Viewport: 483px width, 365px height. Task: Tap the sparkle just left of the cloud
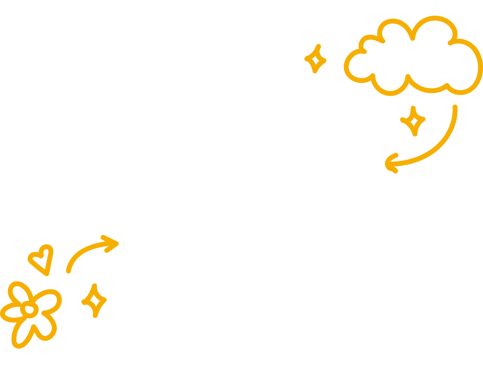point(316,59)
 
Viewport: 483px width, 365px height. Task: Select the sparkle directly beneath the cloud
point(413,121)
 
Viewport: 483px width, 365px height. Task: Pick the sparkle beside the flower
point(94,301)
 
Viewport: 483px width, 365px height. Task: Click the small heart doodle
point(42,259)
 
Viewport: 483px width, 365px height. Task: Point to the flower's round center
point(30,310)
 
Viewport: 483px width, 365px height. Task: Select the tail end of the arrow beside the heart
point(69,271)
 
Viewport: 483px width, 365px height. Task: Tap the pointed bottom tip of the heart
point(46,274)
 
